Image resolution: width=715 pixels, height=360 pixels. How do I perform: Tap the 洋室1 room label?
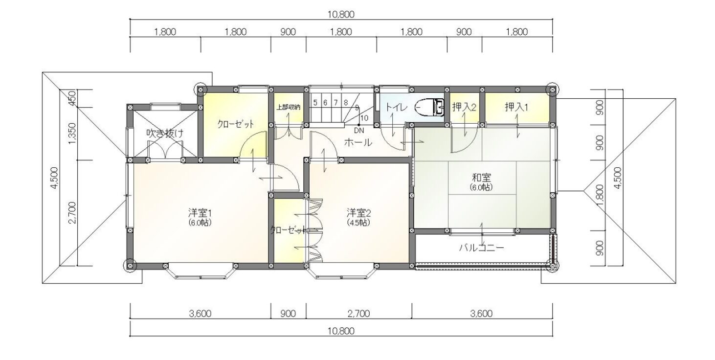coord(200,212)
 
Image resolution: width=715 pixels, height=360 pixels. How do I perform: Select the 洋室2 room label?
coord(359,212)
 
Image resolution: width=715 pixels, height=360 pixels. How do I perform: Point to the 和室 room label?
coord(481,177)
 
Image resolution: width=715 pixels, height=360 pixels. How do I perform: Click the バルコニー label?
coord(482,247)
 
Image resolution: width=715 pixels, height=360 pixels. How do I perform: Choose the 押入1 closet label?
coord(516,107)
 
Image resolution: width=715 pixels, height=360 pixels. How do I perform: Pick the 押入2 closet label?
coord(464,107)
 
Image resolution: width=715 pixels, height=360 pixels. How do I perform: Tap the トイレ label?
coord(396,107)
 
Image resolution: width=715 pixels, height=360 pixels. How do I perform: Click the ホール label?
coord(358,142)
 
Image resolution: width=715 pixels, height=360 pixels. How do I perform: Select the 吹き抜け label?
coord(165,133)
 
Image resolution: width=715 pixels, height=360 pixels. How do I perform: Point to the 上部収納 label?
coord(288,107)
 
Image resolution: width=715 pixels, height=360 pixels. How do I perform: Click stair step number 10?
coord(364,118)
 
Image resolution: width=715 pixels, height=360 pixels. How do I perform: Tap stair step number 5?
coord(315,103)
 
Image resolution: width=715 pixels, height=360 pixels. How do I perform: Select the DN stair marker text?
coord(359,131)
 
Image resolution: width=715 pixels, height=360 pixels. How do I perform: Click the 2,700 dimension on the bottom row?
coord(359,314)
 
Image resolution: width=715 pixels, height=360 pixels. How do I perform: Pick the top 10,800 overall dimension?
coord(341,14)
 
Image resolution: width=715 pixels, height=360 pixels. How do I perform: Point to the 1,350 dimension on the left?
coord(72,134)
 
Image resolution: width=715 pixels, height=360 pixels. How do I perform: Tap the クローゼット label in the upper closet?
coord(236,124)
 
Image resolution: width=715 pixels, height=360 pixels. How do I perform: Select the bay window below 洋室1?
coord(201,271)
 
